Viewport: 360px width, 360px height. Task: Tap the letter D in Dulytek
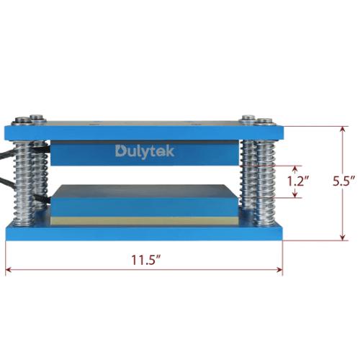click(121, 151)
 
